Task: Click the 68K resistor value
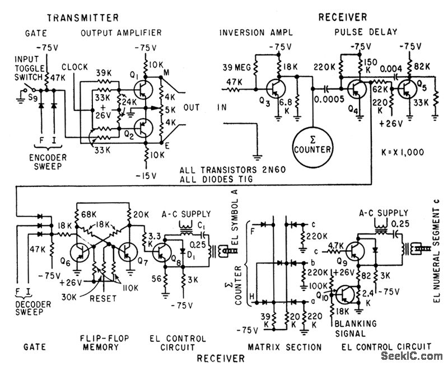(x=88, y=215)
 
